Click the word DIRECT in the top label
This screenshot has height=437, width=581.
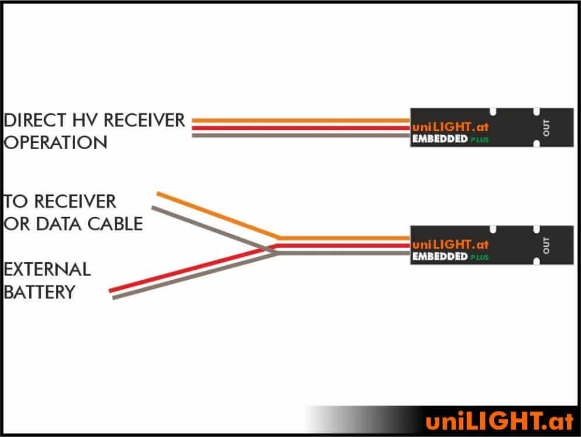35,121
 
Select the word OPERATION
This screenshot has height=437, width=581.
55,143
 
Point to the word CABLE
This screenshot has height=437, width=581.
115,224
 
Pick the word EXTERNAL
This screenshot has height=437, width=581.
47,269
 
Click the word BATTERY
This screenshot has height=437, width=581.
40,292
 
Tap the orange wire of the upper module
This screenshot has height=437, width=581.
301,121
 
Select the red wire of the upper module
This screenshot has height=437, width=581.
301,128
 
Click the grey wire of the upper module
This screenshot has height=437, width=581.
301,136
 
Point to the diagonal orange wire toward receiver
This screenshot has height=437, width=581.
219,216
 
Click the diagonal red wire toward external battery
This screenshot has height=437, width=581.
193,268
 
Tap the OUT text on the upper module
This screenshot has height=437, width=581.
546,128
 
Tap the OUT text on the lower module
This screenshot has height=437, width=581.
546,245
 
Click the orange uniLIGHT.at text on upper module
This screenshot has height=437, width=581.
450,127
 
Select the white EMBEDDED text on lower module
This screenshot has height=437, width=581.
440,256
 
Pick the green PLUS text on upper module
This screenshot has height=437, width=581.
480,140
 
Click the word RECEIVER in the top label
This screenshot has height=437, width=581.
144,121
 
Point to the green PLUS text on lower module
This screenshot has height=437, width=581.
480,258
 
